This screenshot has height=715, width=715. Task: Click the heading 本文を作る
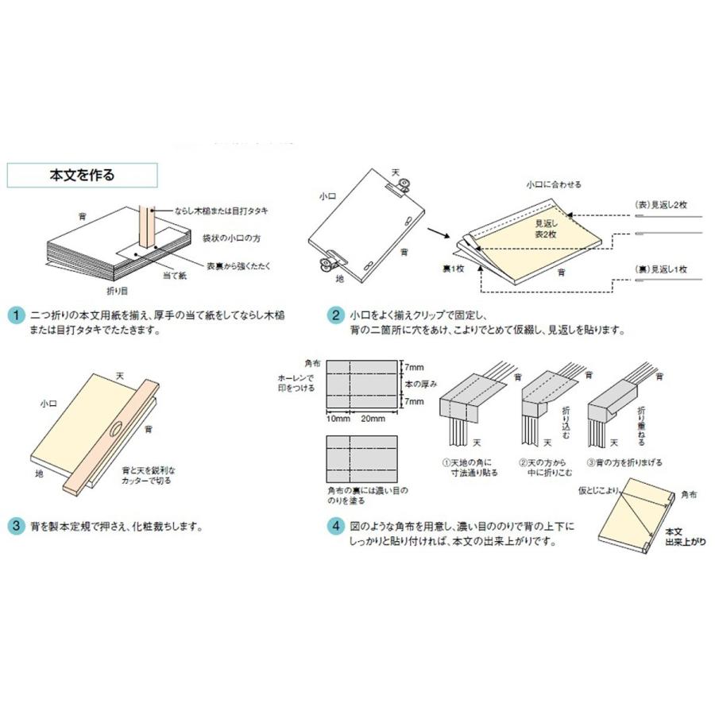82,175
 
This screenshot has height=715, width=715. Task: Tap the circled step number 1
16,315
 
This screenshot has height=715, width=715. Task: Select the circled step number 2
336,315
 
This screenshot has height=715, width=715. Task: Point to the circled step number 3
16,526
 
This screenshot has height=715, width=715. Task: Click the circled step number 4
336,526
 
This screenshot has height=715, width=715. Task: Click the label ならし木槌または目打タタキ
221,211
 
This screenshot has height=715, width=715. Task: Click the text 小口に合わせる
553,184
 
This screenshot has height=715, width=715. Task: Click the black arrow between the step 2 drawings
437,233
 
